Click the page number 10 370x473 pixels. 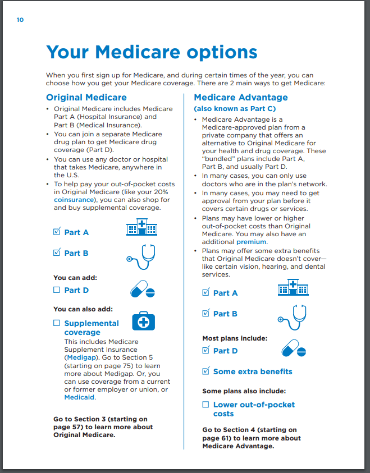point(20,20)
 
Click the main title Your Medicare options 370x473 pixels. point(152,52)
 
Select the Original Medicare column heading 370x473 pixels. point(86,98)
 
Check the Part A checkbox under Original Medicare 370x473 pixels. point(57,231)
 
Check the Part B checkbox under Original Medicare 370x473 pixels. point(57,252)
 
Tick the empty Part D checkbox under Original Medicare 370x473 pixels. point(57,290)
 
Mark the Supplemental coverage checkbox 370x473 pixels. point(57,323)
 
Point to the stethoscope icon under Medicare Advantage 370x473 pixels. point(293,316)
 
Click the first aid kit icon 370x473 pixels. point(143,322)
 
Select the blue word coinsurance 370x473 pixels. point(74,199)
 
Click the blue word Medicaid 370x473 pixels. point(80,397)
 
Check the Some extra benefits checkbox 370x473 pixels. point(205,371)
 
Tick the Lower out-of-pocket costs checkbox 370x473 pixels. point(205,405)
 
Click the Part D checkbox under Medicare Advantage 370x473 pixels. point(205,350)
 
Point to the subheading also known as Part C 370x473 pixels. point(235,108)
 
